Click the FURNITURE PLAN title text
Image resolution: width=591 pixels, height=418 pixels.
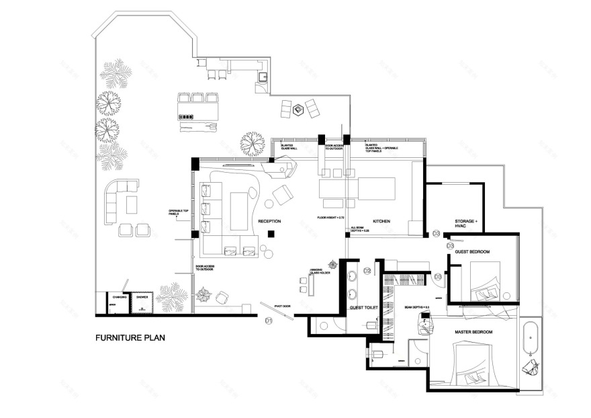(x=130, y=337)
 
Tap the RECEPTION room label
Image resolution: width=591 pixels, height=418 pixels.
(x=269, y=221)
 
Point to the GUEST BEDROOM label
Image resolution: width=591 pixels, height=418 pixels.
(x=472, y=251)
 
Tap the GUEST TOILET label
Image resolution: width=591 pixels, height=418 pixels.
(x=364, y=307)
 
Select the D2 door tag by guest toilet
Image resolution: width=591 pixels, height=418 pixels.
(x=367, y=270)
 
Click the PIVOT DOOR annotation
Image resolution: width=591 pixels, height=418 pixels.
(x=283, y=306)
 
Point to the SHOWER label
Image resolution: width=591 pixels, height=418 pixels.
(x=142, y=296)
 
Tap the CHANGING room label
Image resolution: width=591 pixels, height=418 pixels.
(x=120, y=296)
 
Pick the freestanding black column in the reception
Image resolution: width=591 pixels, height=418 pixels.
(x=270, y=234)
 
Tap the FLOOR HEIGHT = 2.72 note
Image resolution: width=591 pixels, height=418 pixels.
(x=330, y=218)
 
